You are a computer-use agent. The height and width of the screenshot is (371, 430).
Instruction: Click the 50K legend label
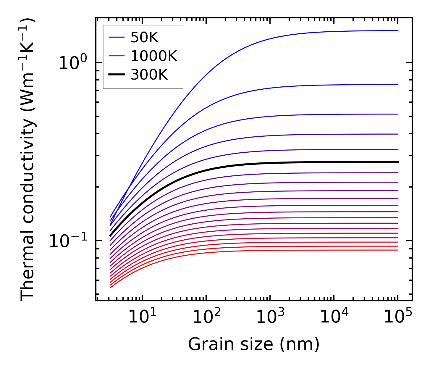[144, 37]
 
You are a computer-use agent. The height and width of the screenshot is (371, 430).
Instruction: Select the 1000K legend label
[154, 56]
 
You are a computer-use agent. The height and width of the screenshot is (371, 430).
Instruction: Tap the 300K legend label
[149, 75]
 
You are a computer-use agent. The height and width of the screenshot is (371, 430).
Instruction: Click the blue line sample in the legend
[117, 37]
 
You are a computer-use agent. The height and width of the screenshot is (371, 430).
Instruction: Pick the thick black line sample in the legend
[117, 75]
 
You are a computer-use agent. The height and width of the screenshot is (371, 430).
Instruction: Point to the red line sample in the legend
[117, 56]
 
